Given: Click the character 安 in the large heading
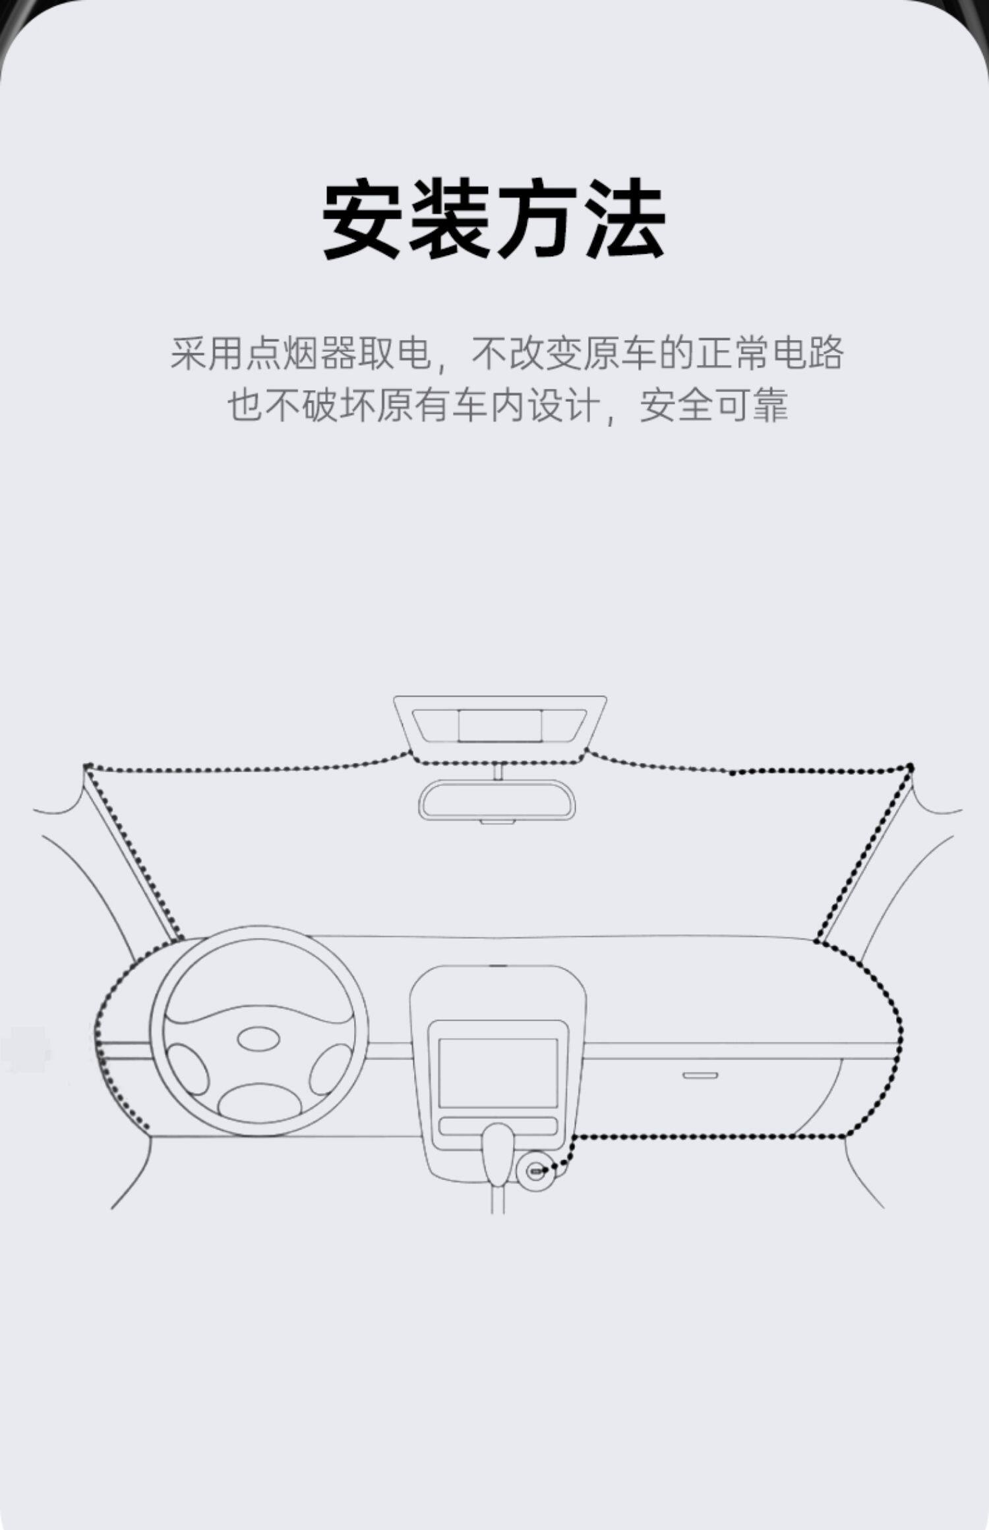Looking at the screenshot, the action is [365, 219].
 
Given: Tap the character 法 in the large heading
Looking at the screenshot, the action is [626, 219].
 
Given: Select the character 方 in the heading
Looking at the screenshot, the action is [539, 219].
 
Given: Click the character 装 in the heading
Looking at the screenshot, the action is [452, 219].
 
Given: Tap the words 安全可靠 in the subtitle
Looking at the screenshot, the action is [713, 405].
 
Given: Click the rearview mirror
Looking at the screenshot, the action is [496, 799].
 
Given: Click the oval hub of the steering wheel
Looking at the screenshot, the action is [258, 1039].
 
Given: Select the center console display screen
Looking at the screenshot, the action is [498, 1073].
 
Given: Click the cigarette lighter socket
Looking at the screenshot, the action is [536, 1171].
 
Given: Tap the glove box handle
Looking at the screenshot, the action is [700, 1076].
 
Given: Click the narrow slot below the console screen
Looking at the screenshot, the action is [498, 1125].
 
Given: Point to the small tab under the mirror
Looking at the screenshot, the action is [497, 822].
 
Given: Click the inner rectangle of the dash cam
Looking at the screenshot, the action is [500, 725].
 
